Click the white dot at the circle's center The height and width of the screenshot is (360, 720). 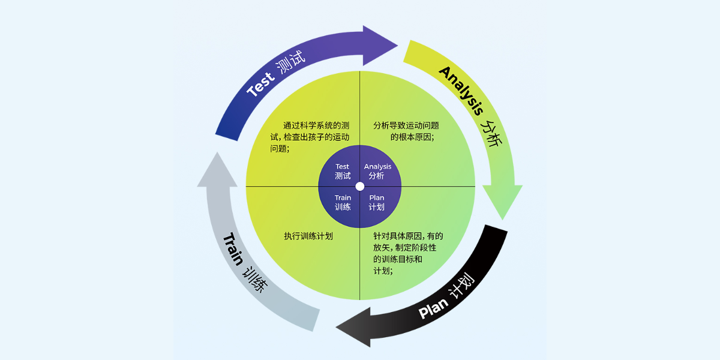pyautogui.click(x=360, y=186)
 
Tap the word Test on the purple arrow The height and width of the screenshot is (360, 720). pyautogui.click(x=260, y=85)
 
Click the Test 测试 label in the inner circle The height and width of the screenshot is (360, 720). pyautogui.click(x=343, y=172)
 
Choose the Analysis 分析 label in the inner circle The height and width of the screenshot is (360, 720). pyautogui.click(x=377, y=172)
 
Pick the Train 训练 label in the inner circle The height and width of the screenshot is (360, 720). pyautogui.click(x=343, y=202)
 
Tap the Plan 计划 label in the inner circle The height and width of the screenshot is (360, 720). pyautogui.click(x=377, y=202)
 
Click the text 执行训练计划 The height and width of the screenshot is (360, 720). pyautogui.click(x=308, y=236)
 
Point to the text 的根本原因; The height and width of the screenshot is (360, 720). pyautogui.click(x=412, y=137)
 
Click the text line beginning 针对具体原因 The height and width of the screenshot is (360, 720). pyautogui.click(x=408, y=236)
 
